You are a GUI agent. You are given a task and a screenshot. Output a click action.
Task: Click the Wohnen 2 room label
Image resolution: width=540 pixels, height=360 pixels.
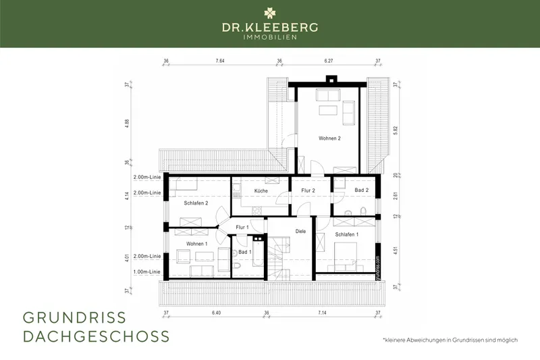coord(329,138)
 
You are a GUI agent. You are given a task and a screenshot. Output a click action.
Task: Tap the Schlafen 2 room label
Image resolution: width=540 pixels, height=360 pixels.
coord(196,203)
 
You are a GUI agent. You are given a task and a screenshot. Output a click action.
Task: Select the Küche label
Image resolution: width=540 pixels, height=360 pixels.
coord(261,191)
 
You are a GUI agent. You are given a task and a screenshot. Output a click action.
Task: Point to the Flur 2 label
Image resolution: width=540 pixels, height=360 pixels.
coord(309,191)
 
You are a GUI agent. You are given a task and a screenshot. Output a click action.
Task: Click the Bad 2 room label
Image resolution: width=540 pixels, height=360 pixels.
coord(362,191)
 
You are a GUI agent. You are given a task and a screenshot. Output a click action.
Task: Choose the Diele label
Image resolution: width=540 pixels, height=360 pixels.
coord(300,231)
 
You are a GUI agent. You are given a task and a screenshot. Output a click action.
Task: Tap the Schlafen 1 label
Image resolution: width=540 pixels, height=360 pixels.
coord(347,234)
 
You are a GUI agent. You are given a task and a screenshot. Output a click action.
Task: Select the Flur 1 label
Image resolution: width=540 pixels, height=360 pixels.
coord(242,228)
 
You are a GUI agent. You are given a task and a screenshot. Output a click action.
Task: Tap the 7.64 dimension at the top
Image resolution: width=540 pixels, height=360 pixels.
coord(220,61)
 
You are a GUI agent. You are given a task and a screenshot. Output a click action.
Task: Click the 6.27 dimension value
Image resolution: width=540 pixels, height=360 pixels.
coord(329,61)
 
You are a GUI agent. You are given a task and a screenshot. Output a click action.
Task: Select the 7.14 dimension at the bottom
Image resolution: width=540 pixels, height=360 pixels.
coord(321,313)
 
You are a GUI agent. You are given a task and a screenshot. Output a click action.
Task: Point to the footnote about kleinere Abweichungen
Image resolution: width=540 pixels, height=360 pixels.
coord(449,340)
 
